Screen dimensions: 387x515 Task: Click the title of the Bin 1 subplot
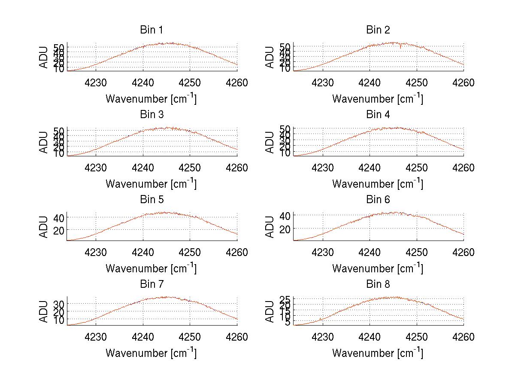(151, 30)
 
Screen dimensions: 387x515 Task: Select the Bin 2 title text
(378, 30)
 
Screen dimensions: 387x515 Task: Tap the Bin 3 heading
(151, 115)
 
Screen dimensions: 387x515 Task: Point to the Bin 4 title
(378, 115)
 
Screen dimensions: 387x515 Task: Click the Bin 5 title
(151, 200)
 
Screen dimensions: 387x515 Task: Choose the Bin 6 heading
(378, 200)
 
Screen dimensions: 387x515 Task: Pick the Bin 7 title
(151, 284)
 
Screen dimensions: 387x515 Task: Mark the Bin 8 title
(378, 284)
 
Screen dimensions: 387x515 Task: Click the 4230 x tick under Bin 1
(96, 82)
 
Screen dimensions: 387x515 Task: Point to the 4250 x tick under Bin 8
(416, 337)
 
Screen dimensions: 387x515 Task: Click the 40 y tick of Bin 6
(286, 215)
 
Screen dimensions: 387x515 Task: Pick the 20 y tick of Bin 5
(59, 230)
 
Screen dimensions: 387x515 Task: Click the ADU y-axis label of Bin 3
(44, 142)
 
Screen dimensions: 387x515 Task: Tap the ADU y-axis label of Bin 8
(270, 311)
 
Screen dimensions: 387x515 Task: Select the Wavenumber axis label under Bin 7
(151, 353)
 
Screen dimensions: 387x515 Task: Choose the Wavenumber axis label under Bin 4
(378, 184)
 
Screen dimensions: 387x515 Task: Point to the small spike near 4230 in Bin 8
(320, 319)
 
